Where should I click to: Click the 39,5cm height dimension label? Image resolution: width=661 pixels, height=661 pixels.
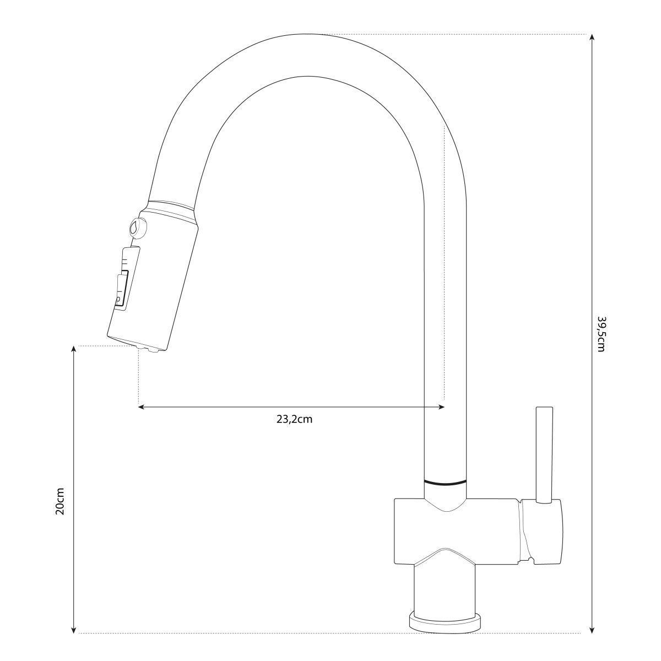click(x=600, y=334)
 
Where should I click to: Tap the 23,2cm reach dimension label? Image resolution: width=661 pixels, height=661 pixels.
click(x=294, y=420)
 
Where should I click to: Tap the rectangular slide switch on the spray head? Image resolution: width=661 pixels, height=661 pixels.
click(x=122, y=291)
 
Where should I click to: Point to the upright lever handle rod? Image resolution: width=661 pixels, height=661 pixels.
click(x=545, y=455)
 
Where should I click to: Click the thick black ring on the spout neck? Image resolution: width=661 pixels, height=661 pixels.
click(x=445, y=481)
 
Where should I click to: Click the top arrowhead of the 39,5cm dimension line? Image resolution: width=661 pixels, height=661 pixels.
click(x=592, y=37)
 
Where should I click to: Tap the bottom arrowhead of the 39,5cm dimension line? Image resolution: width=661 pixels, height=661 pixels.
click(x=592, y=629)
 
